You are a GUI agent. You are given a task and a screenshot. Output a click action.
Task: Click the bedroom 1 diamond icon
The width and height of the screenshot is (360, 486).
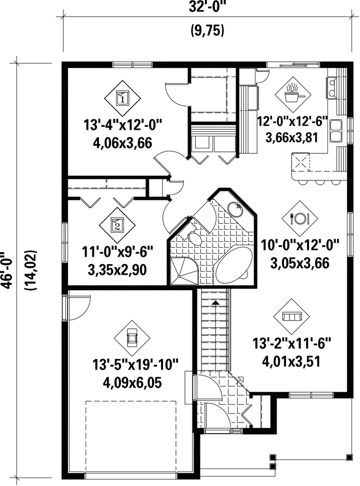(122, 98)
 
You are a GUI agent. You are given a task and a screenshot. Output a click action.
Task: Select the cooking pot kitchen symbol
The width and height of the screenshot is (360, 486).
(292, 94)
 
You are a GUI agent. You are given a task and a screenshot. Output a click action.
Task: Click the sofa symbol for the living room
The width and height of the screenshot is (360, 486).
(291, 317)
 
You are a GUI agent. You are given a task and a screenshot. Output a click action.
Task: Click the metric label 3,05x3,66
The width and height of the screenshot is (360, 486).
(299, 263)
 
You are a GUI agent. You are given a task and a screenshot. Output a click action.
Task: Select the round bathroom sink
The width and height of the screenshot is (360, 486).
(235, 209)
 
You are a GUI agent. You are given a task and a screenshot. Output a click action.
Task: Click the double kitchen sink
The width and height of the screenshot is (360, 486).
(335, 131)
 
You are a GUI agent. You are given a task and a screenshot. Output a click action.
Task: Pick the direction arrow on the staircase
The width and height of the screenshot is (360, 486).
(215, 302)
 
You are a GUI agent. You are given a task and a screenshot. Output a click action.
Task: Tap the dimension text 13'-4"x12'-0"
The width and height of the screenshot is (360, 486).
(123, 126)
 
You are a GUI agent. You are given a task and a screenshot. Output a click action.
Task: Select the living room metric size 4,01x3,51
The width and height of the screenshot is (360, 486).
(291, 361)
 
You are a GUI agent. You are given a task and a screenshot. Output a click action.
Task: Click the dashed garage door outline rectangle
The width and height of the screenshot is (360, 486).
(130, 402)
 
